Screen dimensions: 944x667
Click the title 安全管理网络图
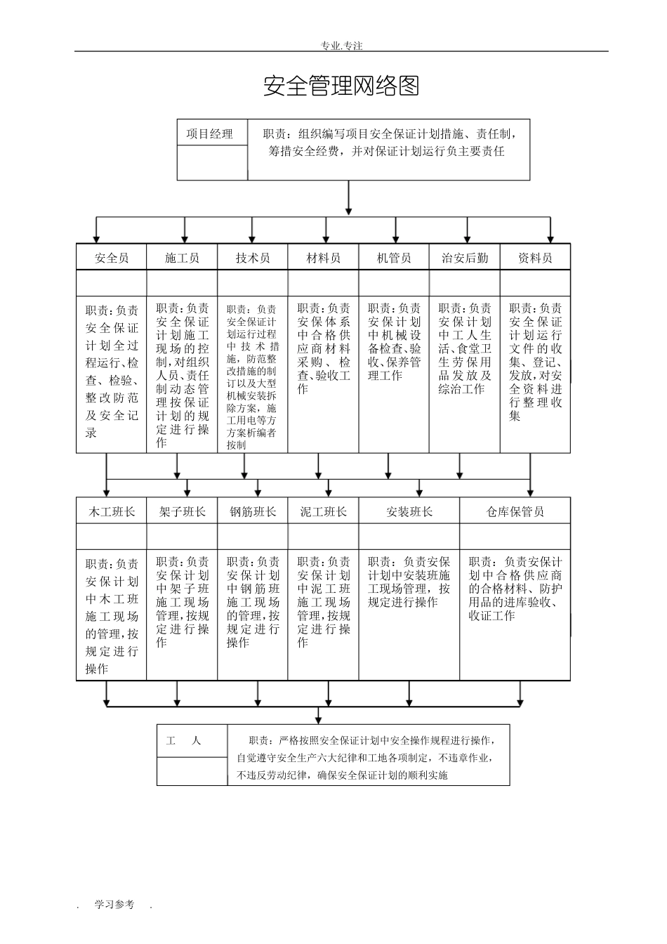tap(341, 86)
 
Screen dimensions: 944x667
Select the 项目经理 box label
tap(209, 133)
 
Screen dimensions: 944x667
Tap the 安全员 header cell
tap(112, 258)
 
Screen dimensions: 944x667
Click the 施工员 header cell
tap(182, 258)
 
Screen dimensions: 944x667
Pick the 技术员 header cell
tap(253, 258)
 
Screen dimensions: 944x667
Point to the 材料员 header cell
tap(324, 258)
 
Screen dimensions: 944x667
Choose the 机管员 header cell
tap(394, 258)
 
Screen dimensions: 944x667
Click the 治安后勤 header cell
tap(465, 258)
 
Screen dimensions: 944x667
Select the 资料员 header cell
tap(535, 258)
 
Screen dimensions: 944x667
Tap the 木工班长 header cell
tap(112, 511)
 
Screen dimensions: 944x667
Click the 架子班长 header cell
tap(182, 511)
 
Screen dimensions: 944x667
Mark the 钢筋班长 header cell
tap(253, 511)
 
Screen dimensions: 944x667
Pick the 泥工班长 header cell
tap(324, 511)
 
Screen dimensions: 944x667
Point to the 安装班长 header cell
tap(409, 511)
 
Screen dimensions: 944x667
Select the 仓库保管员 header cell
tap(515, 511)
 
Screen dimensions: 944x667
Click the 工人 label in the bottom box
tap(183, 741)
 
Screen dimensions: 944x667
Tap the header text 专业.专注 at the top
tap(341, 46)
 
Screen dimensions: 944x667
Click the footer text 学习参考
tap(114, 905)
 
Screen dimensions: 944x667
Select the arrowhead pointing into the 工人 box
tap(319, 717)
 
